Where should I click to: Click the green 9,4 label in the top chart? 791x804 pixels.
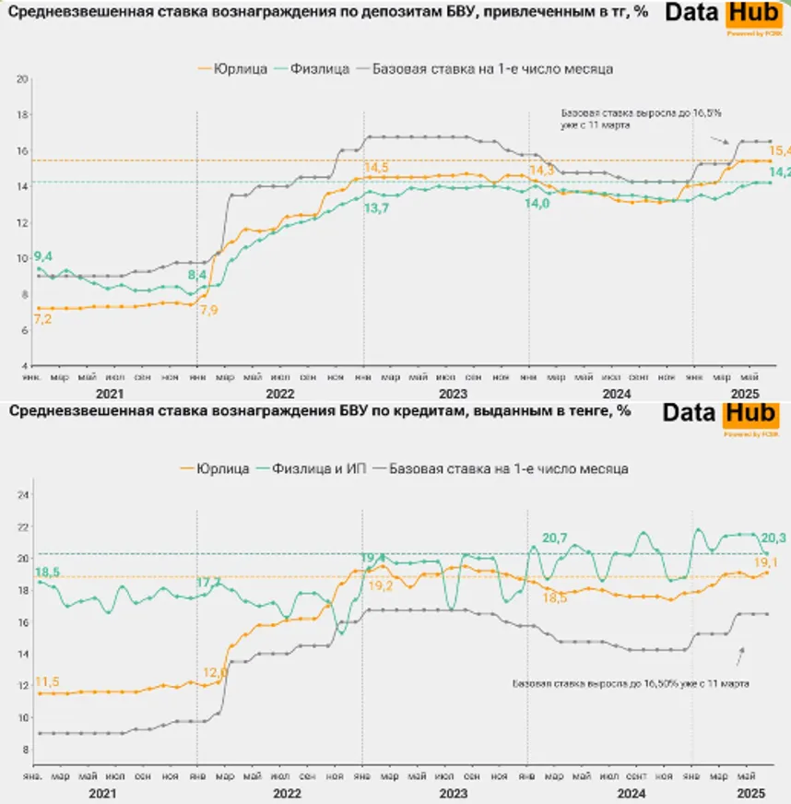(x=42, y=255)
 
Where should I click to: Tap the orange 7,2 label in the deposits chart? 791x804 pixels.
(x=42, y=319)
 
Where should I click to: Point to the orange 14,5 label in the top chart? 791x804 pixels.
(x=376, y=168)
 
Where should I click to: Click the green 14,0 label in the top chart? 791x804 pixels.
(x=538, y=202)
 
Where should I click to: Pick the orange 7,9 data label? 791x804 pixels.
(x=209, y=310)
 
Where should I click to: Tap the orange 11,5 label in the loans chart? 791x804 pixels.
(x=46, y=681)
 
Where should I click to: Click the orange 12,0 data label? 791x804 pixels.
(x=215, y=672)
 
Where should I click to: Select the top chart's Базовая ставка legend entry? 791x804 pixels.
(x=492, y=68)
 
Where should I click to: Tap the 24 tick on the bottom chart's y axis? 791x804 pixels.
(x=25, y=495)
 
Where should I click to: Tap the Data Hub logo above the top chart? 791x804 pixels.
(x=719, y=16)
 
